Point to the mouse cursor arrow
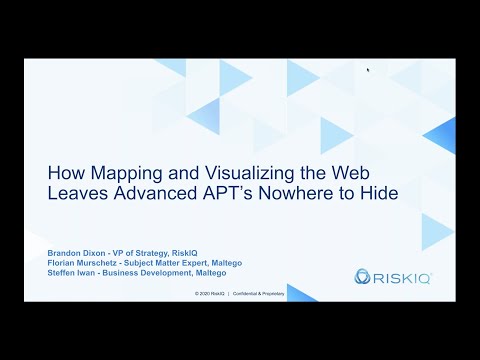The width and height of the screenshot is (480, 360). point(368,70)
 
